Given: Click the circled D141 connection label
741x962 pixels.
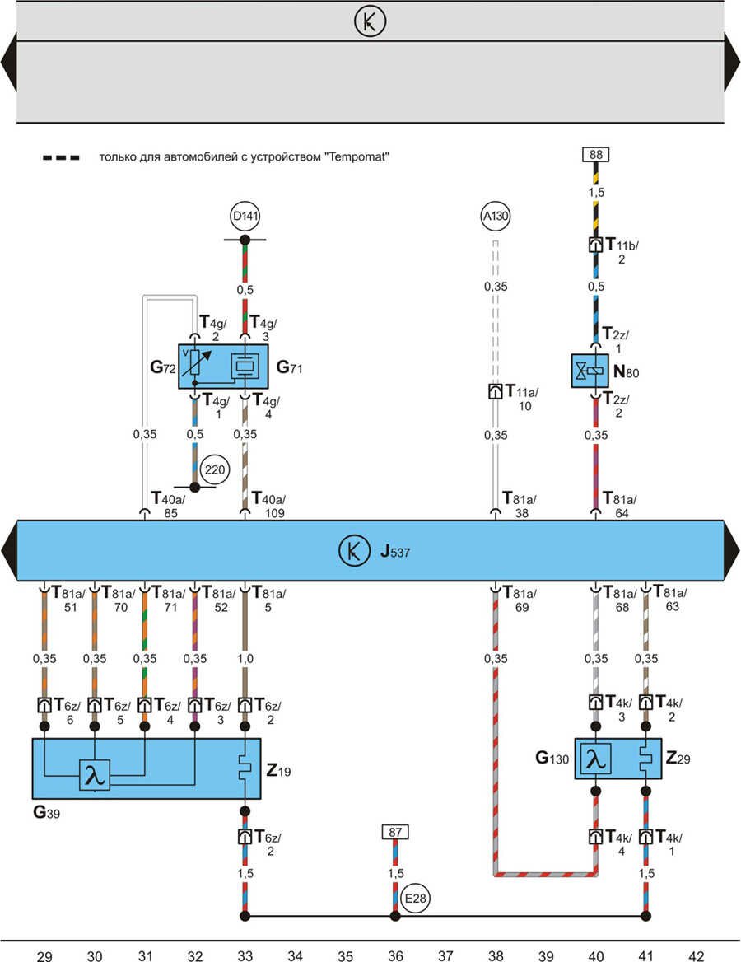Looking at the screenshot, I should click(x=245, y=217).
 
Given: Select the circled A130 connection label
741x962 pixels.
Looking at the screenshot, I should click(x=496, y=217).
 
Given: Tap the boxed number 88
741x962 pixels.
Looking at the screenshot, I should click(x=594, y=154).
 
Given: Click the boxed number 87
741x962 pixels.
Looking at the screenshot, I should click(x=394, y=832).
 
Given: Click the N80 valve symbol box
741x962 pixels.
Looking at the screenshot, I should click(x=590, y=371).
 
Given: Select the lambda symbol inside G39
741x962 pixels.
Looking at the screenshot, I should click(x=95, y=775).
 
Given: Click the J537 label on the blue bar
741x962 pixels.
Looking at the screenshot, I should click(x=395, y=551).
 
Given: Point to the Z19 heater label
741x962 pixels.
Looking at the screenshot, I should click(x=278, y=772).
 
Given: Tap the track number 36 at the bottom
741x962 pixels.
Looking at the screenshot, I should click(x=395, y=955).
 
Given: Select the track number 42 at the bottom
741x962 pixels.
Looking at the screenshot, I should click(x=697, y=955).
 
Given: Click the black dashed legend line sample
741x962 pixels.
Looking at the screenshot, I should click(x=61, y=156).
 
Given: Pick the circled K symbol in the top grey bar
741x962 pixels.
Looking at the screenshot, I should click(x=370, y=21).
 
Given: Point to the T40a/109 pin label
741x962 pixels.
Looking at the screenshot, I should click(x=268, y=505).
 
